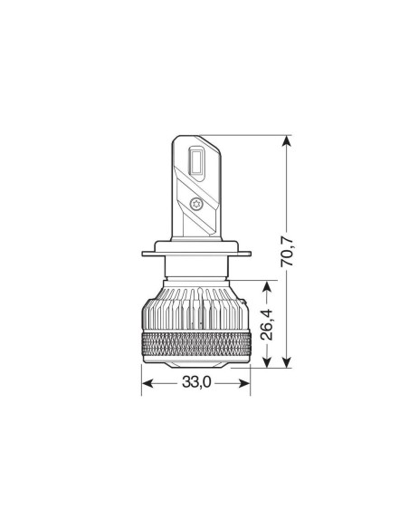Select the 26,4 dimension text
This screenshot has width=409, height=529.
(x=269, y=324)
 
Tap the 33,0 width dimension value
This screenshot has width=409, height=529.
(x=196, y=383)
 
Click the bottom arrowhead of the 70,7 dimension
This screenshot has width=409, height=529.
(x=288, y=361)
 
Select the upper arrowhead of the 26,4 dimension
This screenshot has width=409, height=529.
(x=267, y=287)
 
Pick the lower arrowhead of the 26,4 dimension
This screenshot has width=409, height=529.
(x=267, y=361)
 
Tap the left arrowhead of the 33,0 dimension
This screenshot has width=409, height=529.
(x=147, y=383)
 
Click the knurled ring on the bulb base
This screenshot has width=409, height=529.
(x=195, y=343)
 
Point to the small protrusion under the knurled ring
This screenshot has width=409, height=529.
(x=195, y=362)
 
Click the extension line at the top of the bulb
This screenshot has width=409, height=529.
(x=249, y=136)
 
